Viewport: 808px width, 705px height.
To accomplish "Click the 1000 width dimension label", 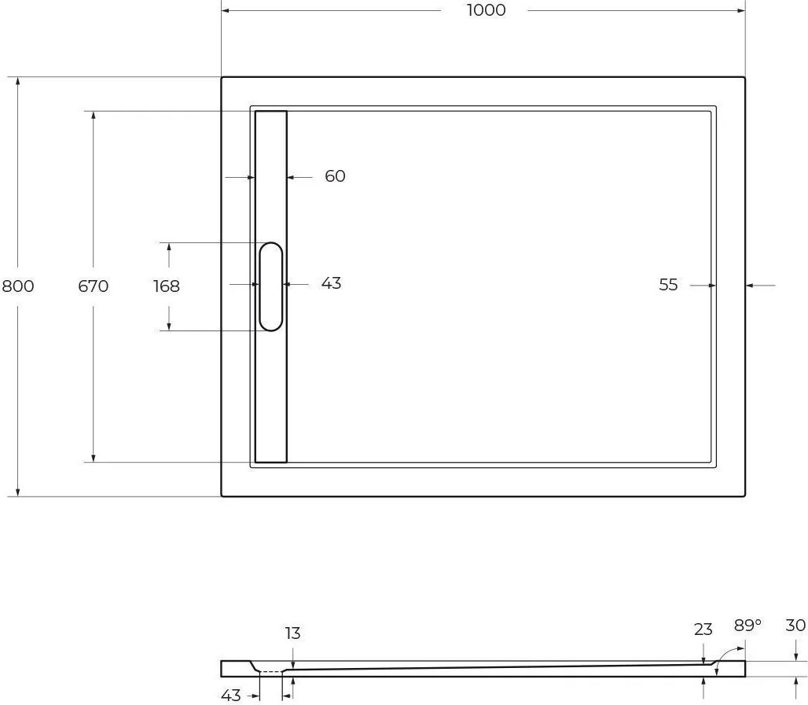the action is [x=486, y=10].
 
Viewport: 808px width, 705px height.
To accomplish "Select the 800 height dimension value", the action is [x=18, y=286].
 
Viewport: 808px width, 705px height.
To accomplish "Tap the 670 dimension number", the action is [x=94, y=286].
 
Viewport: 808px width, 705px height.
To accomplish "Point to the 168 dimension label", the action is [x=167, y=286].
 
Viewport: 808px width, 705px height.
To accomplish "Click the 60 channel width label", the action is [x=335, y=176].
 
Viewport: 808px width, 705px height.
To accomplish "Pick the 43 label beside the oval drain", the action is [x=331, y=283].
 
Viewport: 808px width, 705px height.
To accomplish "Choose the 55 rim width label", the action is [x=668, y=285].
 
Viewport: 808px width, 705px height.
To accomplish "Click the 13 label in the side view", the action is [x=292, y=633].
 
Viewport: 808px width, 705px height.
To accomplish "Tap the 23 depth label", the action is [x=703, y=629].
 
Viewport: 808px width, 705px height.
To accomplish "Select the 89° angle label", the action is [x=747, y=625].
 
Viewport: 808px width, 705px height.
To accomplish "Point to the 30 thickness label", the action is [x=795, y=625].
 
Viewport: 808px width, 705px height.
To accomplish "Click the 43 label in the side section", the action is [x=231, y=696].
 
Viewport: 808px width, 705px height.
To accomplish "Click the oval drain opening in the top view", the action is [x=270, y=286].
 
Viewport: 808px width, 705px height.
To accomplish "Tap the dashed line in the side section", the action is [x=270, y=672].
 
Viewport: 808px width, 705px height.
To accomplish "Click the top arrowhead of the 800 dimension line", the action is [x=18, y=81].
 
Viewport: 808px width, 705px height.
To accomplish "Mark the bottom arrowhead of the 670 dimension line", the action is [x=94, y=458].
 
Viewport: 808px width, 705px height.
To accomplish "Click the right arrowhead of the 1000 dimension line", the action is [x=740, y=10].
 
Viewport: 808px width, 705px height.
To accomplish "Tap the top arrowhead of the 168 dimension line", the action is [x=169, y=247].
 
